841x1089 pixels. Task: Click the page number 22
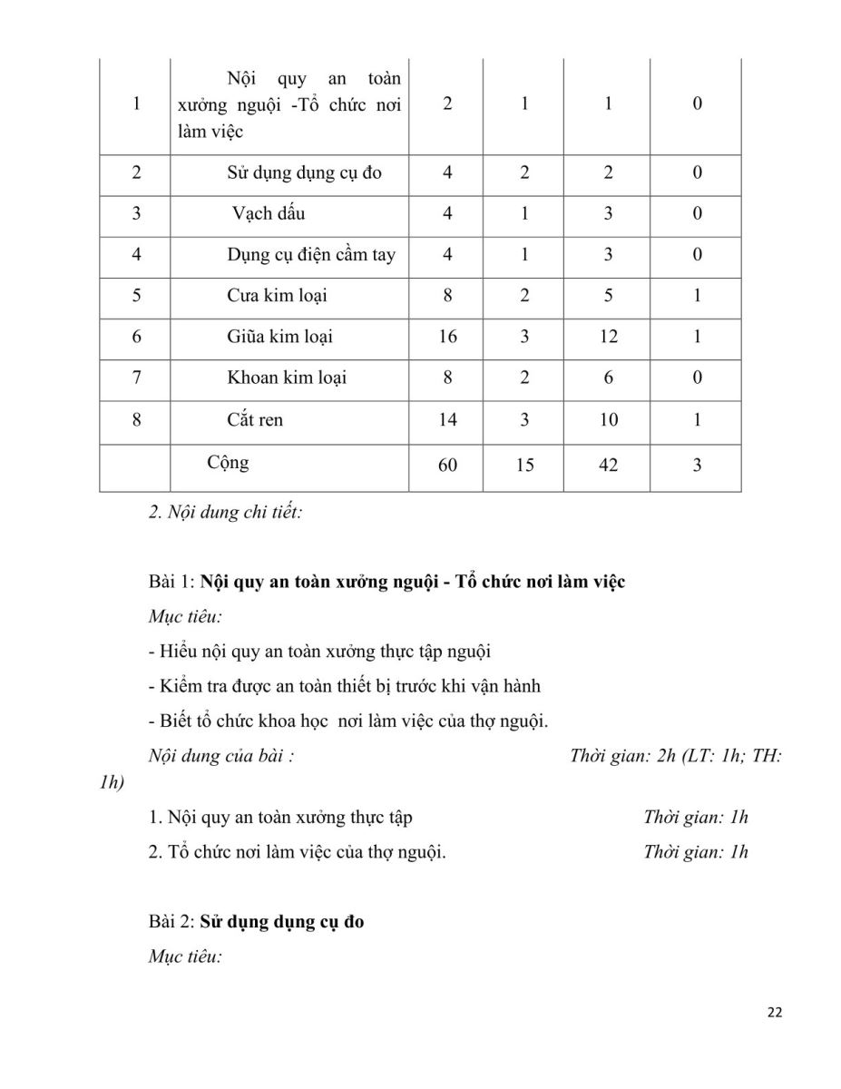pos(774,1013)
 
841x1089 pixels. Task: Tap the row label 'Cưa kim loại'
pos(277,295)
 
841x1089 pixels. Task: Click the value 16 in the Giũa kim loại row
pos(447,337)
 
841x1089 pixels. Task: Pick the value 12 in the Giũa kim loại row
pos(608,337)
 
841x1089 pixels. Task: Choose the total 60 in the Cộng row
pos(447,465)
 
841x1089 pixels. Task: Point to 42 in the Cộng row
pos(608,465)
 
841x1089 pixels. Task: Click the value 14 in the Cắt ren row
pos(447,419)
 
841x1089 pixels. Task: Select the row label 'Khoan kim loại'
pos(287,378)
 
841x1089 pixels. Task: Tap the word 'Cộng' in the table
pos(228,462)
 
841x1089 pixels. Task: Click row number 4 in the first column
pos(136,254)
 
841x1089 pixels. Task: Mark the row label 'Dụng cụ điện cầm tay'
pos(311,254)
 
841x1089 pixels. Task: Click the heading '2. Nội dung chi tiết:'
pos(225,513)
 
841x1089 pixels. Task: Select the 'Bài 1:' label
pos(172,582)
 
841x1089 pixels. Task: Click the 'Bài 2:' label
pos(172,922)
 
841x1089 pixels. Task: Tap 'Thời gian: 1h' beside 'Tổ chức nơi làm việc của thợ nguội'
pos(695,852)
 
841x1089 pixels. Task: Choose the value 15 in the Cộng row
pos(524,465)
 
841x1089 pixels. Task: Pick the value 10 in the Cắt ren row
pos(608,419)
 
